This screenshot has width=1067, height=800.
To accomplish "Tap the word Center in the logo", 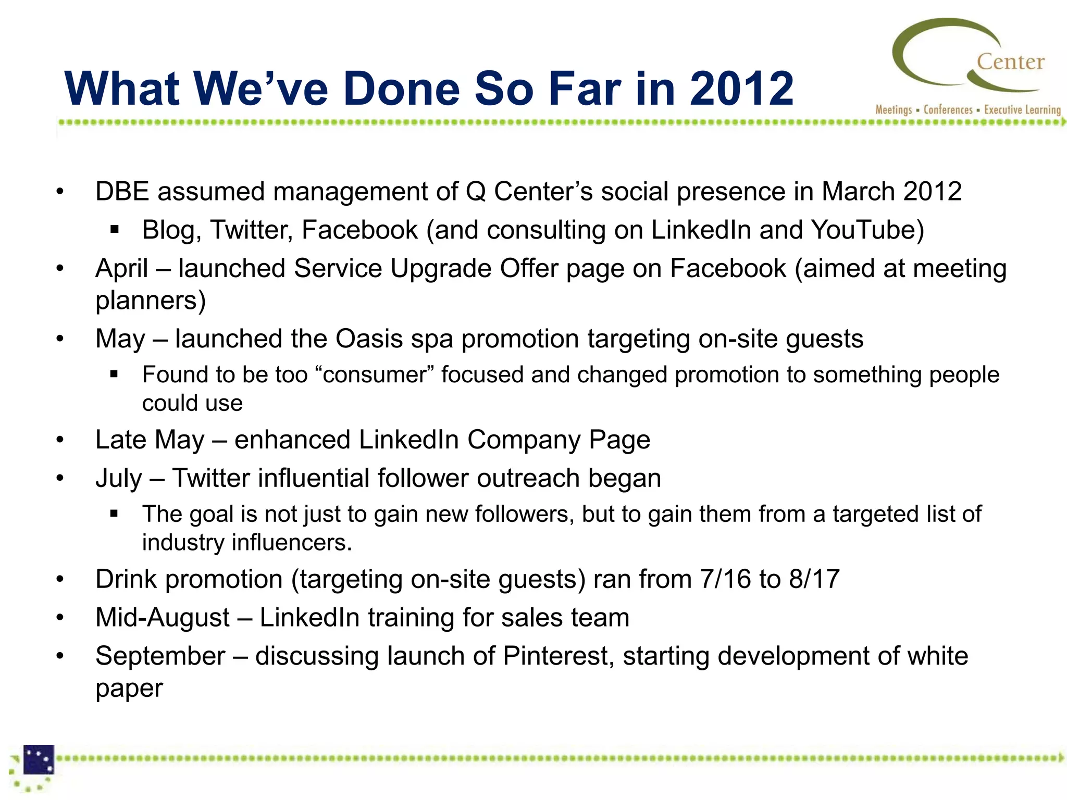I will click(1010, 62).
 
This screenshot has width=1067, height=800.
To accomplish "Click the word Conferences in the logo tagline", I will click(948, 110).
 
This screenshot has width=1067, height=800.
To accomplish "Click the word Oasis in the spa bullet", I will click(369, 339).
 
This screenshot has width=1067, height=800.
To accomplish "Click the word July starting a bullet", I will click(118, 479).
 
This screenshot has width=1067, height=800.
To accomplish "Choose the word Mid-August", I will click(163, 618).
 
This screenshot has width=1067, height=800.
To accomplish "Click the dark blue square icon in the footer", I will click(39, 759).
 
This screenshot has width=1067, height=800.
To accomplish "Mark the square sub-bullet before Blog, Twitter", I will click(115, 230).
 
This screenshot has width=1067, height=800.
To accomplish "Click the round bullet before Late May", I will click(60, 440).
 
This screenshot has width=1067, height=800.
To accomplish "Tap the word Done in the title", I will click(401, 89).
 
